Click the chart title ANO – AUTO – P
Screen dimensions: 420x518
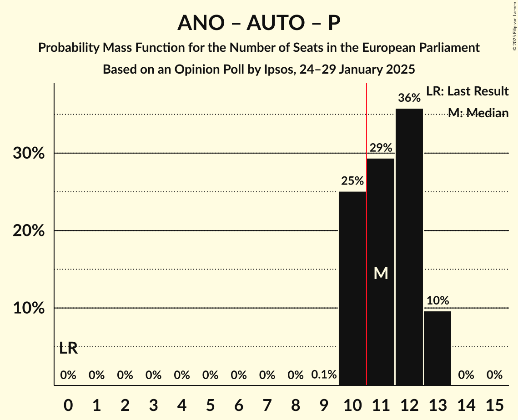[259, 23]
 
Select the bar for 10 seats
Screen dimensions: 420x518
[352, 288]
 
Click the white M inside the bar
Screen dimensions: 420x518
[381, 273]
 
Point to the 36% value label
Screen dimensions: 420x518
[409, 98]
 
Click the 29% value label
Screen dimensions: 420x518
[381, 148]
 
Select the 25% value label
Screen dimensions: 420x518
[352, 181]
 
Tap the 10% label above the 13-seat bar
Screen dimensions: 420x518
[438, 300]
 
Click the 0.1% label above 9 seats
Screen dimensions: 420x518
[324, 375]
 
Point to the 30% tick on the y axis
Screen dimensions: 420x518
[29, 154]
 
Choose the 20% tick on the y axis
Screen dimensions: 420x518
[29, 231]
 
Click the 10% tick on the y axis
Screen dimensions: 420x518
[29, 308]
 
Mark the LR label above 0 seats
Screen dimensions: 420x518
[68, 349]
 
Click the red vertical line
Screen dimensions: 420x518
[367, 227]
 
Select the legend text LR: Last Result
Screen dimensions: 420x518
[467, 91]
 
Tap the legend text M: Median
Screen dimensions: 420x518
[478, 113]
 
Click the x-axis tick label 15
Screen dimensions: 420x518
[494, 404]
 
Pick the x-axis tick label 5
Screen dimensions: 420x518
[210, 404]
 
